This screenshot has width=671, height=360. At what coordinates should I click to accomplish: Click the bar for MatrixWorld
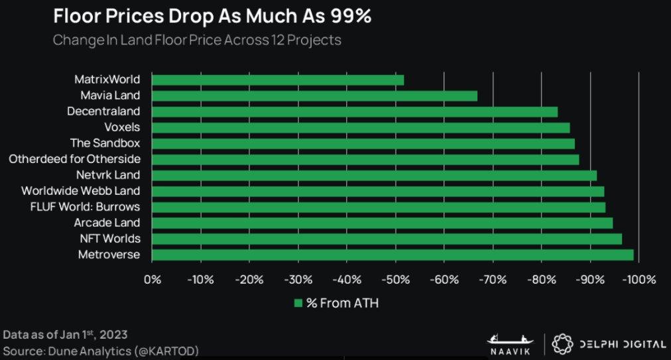click(x=278, y=80)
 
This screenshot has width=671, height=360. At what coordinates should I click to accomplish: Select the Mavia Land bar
click(x=314, y=96)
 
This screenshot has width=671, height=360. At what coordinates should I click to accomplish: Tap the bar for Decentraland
click(x=355, y=112)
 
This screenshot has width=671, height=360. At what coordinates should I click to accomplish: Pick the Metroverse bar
click(x=393, y=255)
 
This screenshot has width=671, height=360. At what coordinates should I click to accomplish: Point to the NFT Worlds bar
click(x=387, y=239)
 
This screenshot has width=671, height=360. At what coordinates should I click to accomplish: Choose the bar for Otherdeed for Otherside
click(x=365, y=159)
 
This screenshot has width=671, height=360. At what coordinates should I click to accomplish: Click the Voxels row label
click(x=122, y=127)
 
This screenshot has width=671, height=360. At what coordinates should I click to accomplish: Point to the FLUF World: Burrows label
click(x=85, y=207)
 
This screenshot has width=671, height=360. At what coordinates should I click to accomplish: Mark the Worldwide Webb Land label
click(x=80, y=191)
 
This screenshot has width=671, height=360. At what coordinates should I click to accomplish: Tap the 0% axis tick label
click(x=152, y=280)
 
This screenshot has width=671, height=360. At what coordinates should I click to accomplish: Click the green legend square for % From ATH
click(x=298, y=304)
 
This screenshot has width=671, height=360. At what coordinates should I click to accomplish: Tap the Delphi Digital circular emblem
click(x=561, y=343)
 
